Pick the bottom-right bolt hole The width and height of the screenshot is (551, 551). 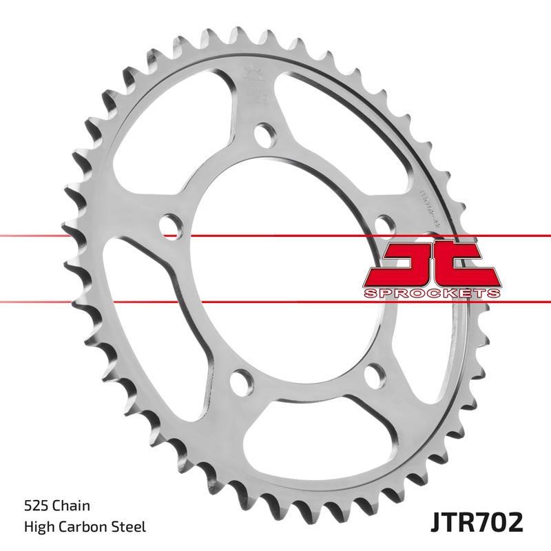click(372, 376)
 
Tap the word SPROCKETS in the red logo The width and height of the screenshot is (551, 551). click(430, 293)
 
